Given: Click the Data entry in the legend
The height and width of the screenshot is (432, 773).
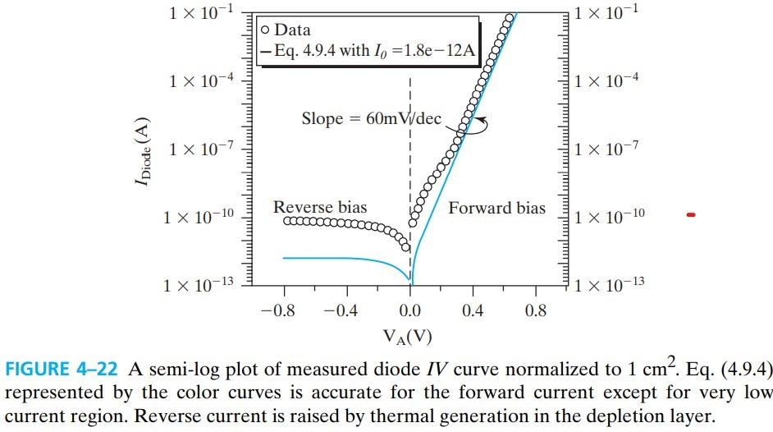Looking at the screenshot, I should coord(287,31).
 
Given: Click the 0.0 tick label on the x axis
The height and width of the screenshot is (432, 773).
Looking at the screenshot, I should coord(409,311).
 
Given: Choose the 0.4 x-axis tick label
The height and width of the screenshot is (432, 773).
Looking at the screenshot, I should coord(473,311).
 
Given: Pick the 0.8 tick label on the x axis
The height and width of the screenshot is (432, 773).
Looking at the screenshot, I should coord(536,311).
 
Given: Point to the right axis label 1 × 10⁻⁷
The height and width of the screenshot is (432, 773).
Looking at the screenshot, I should coord(609,149).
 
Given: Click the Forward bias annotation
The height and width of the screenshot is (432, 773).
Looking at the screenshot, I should coord(496,208).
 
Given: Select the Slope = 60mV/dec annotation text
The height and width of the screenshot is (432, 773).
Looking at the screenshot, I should coord(372,119).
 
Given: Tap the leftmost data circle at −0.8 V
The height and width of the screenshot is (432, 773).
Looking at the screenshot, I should coord(287,221).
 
